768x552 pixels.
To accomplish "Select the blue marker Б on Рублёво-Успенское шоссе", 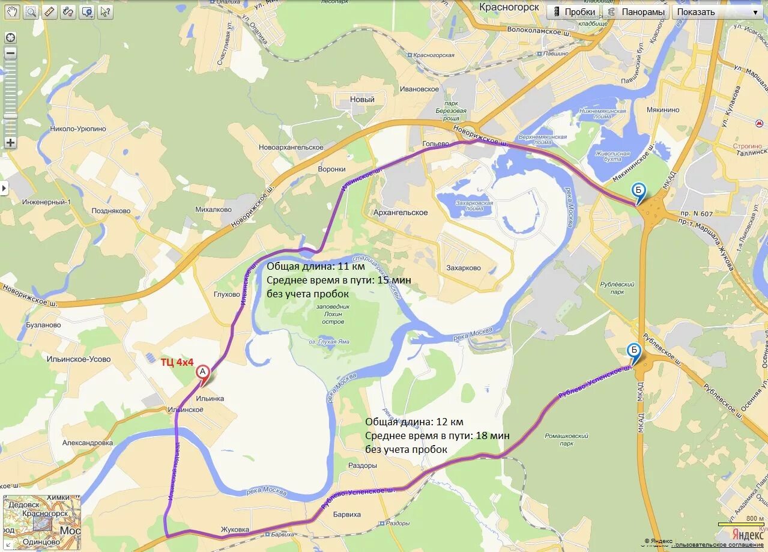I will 633,351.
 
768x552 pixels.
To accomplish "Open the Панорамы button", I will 636,12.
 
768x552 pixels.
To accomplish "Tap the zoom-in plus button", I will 10,143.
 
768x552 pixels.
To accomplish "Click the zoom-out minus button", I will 10,53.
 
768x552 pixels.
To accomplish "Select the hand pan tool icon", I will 12,11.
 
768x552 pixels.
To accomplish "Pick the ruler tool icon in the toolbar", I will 49,11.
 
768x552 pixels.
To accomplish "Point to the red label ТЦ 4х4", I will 177,362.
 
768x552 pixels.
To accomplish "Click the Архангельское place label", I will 401,213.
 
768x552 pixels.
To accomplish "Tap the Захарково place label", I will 464,268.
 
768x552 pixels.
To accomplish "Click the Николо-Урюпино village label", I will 78,129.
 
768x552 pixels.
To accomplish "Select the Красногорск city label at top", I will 509,7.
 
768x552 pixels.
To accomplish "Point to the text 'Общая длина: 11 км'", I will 316,266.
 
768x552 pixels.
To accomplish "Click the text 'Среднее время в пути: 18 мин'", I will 437,435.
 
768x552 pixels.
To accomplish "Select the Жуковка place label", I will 235,530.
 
